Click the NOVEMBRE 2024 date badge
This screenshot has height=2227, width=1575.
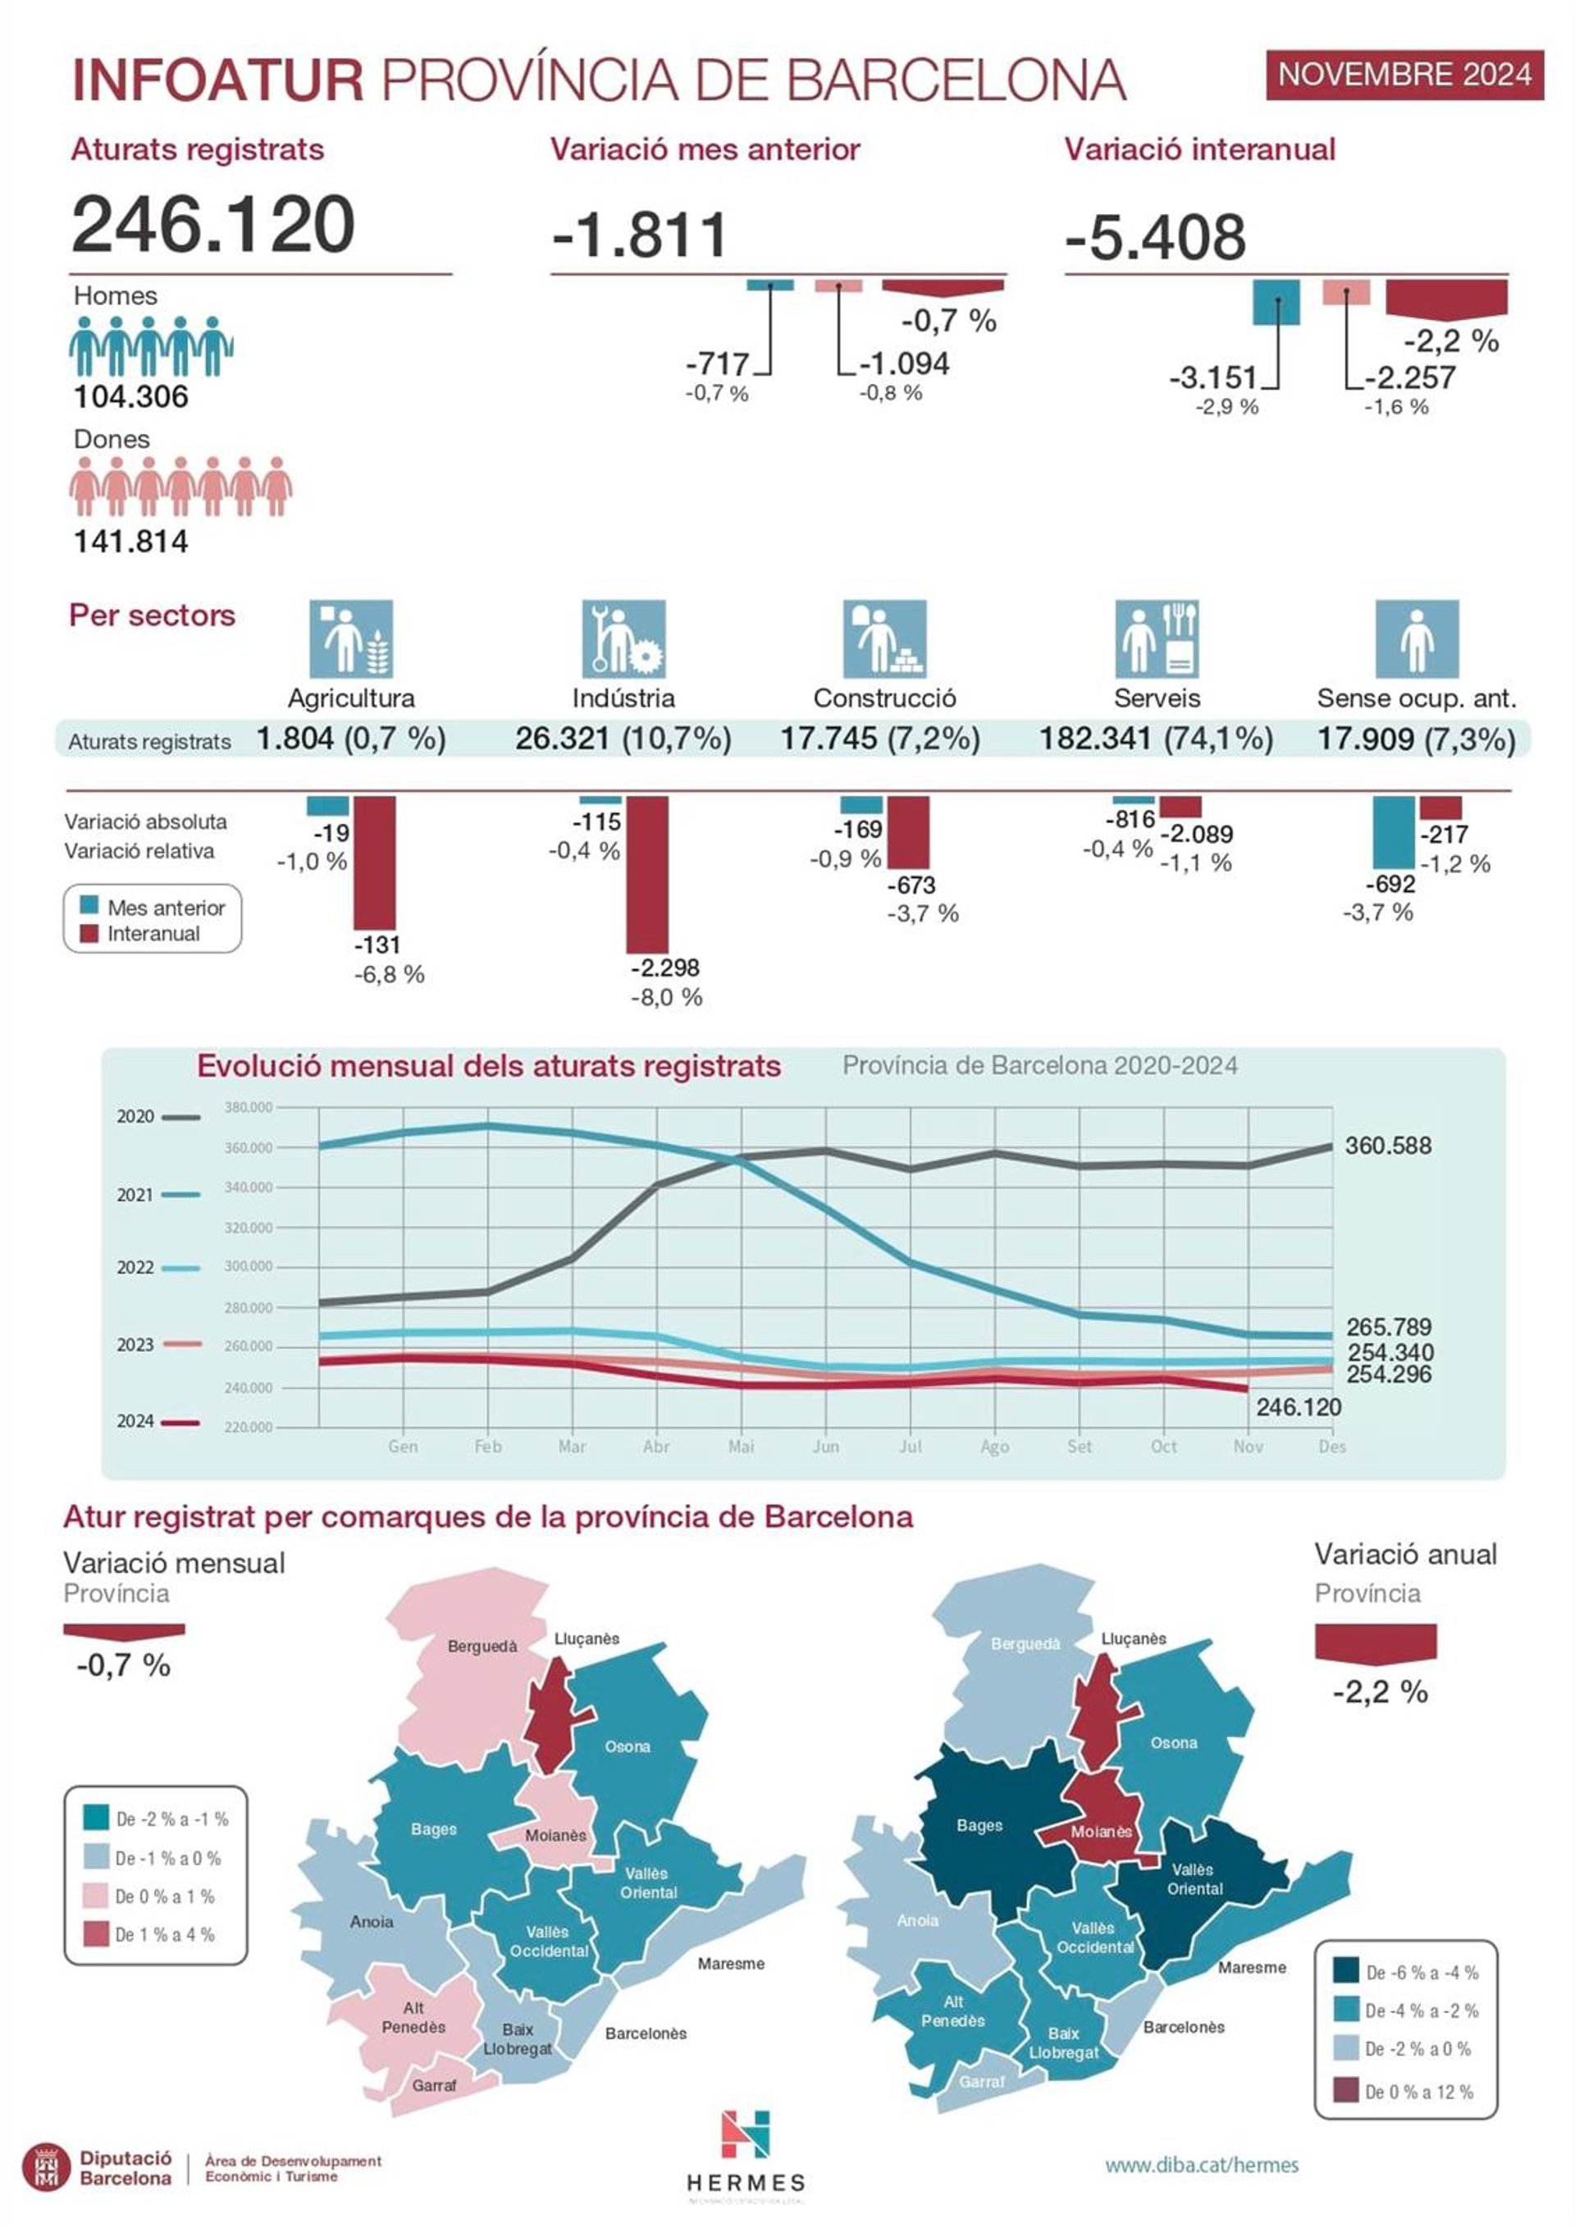[1404, 75]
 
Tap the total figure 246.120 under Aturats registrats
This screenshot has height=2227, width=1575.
[213, 224]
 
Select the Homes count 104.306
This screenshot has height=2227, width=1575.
[131, 396]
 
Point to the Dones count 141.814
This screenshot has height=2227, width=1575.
[131, 542]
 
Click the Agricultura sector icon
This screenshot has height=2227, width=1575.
[351, 639]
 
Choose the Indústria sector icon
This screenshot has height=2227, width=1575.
[623, 639]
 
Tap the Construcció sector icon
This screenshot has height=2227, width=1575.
[884, 639]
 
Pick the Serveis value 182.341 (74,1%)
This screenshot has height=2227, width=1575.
[1156, 739]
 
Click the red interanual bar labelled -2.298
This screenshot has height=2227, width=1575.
[647, 874]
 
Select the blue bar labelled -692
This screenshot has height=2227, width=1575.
[1394, 832]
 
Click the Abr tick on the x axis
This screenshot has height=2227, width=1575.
[656, 1446]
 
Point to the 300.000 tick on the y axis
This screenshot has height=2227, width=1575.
[249, 1267]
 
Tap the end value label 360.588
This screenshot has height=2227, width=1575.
[1388, 1146]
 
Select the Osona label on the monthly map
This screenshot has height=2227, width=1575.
[628, 1747]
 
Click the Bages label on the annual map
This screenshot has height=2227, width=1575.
[979, 1826]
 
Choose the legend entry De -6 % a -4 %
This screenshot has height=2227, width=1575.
[1407, 1973]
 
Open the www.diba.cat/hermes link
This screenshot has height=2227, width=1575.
[1202, 2165]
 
